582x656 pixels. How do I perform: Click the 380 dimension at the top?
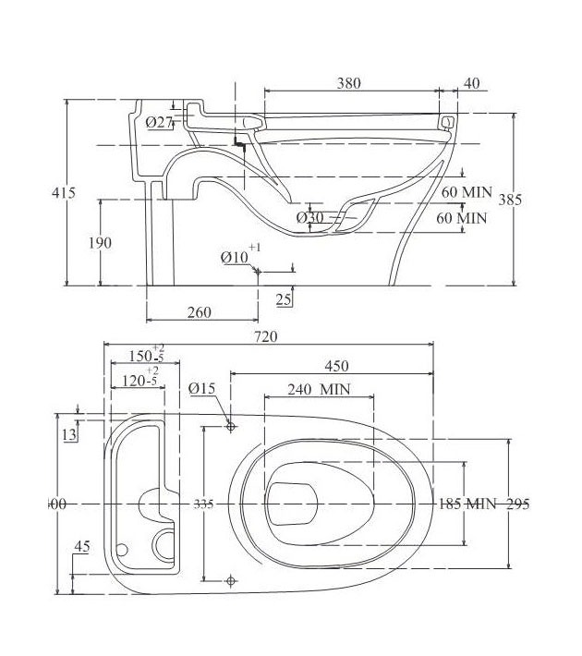pyautogui.click(x=348, y=83)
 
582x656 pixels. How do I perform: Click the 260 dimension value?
pyautogui.click(x=199, y=312)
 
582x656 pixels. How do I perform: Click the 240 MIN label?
pyautogui.click(x=319, y=390)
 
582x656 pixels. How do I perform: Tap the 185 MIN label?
pyautogui.click(x=467, y=504)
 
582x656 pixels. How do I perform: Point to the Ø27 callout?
pyautogui.click(x=160, y=122)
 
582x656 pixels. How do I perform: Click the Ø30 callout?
pyautogui.click(x=310, y=217)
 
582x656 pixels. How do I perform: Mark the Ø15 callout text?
pyautogui.click(x=202, y=390)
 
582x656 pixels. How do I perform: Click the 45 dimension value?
pyautogui.click(x=81, y=547)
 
